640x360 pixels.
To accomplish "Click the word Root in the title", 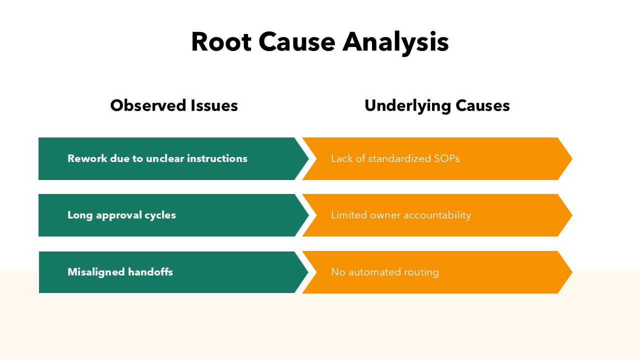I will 220,42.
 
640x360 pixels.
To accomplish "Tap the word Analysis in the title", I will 395,42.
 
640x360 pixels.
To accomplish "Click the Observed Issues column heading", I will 174,105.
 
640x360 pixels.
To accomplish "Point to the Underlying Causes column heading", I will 437,105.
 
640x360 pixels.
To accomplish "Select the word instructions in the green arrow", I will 217,158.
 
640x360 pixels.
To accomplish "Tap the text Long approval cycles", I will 121,215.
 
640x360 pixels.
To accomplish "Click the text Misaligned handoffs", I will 120,272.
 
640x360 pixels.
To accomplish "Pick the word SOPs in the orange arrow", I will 445,158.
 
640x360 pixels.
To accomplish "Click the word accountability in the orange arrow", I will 437,215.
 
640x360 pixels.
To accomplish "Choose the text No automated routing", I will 384,272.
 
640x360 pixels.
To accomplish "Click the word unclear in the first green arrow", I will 164,158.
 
